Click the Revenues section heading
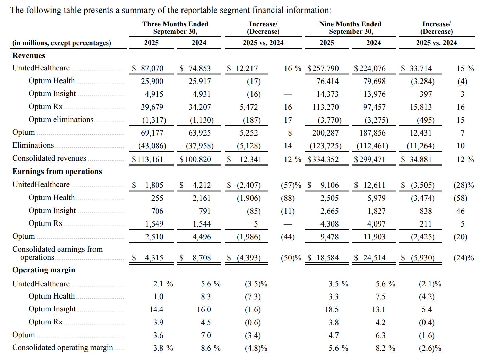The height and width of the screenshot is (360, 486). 29,56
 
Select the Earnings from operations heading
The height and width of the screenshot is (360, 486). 57,172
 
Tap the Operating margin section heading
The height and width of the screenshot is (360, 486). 44,270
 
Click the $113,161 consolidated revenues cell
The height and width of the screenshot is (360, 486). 147,159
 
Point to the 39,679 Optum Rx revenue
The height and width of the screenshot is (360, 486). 152,107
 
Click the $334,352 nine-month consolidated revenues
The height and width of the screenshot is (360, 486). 323,159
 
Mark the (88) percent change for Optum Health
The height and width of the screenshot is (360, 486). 288,198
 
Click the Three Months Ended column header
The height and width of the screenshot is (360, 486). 175,28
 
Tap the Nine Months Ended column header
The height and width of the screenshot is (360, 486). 350,28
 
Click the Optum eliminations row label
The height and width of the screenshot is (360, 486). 61,120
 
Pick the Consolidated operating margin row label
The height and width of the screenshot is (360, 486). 63,348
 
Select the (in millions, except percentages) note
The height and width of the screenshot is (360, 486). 62,43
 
